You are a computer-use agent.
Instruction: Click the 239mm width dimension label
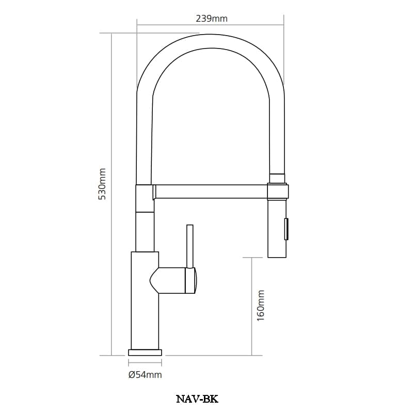click(x=212, y=19)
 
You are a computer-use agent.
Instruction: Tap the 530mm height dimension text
click(x=102, y=184)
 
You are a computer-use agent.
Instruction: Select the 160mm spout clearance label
click(x=261, y=306)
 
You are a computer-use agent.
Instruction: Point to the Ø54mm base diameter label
click(x=145, y=375)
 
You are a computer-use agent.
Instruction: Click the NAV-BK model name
click(x=197, y=399)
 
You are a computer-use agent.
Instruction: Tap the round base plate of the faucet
click(x=145, y=353)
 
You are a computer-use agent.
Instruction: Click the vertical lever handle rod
click(x=189, y=246)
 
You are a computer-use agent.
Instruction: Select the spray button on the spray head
click(x=287, y=229)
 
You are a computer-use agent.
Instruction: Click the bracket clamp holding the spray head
click(x=278, y=191)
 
